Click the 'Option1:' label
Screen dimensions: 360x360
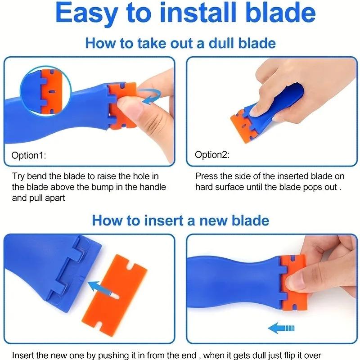[x=29, y=155]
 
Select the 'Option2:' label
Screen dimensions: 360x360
[x=212, y=154]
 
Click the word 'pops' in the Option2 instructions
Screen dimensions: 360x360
[x=311, y=187]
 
